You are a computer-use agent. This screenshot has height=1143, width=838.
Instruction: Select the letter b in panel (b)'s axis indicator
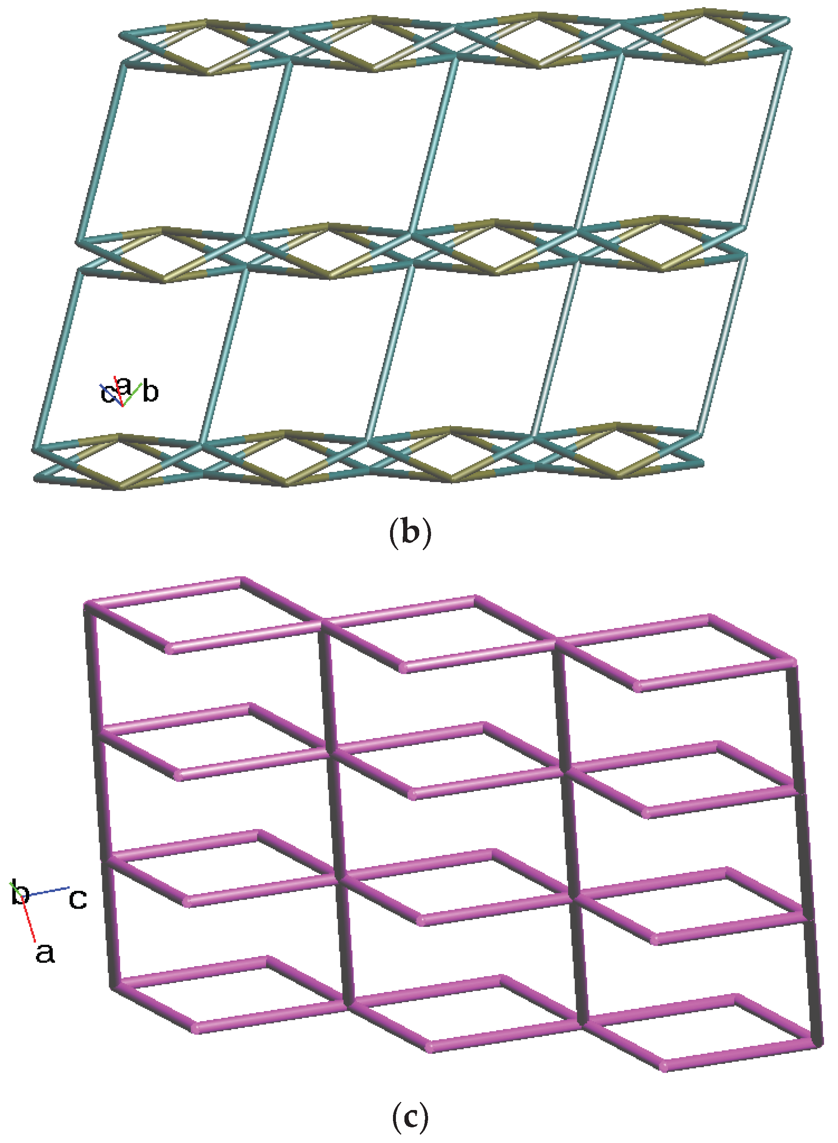tap(151, 392)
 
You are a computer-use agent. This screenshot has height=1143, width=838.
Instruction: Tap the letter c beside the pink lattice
tap(77, 898)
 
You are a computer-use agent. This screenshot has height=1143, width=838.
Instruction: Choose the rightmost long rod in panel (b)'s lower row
tap(723, 345)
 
